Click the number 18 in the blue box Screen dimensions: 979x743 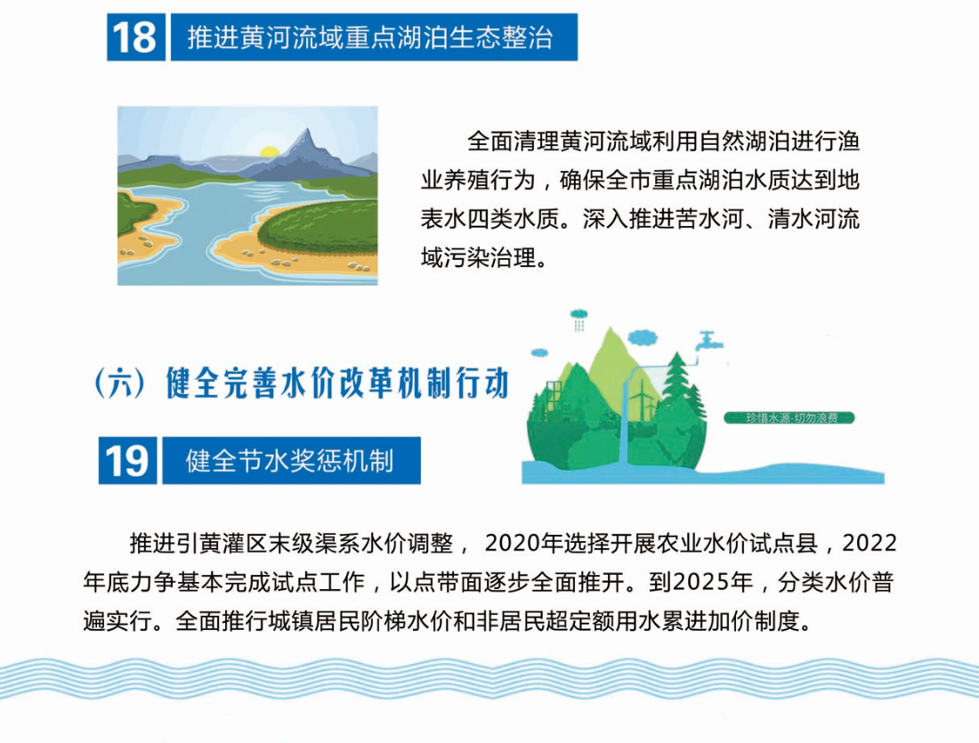tap(135, 37)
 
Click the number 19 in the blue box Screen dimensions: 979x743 tap(126, 461)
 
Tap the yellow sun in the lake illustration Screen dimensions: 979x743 tap(269, 152)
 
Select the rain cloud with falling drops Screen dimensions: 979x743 tap(578, 319)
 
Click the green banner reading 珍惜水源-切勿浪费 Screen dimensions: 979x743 tap(789, 417)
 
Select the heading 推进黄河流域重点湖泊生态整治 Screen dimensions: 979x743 tap(370, 38)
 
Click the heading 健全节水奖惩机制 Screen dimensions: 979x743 tap(290, 462)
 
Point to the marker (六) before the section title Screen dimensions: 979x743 tap(120, 383)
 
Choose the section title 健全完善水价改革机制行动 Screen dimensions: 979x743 tap(338, 383)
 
